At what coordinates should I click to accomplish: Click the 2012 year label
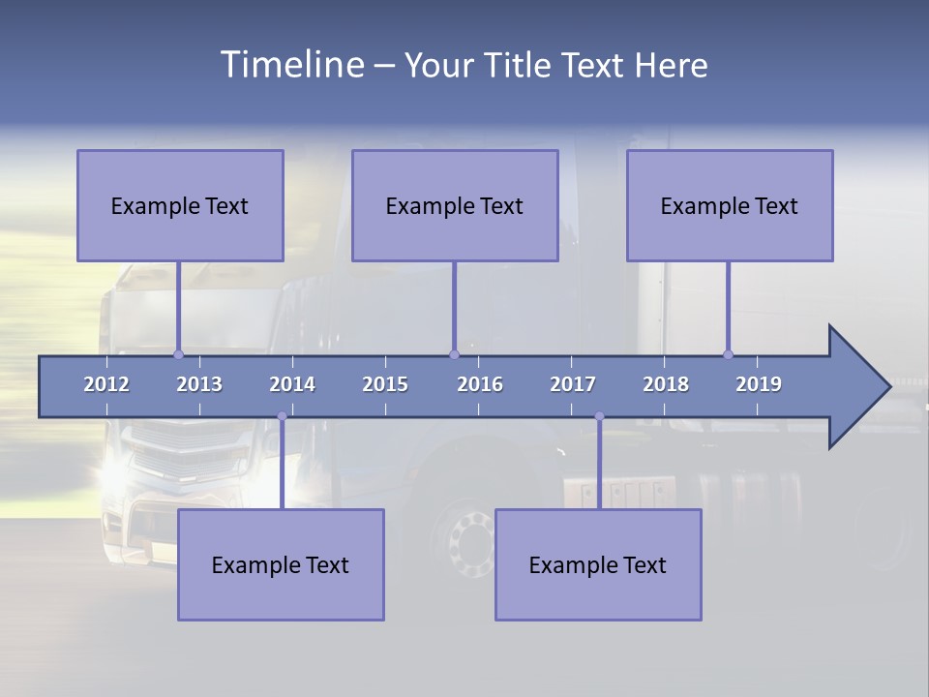coord(106,384)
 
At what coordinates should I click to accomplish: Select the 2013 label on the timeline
coord(199,384)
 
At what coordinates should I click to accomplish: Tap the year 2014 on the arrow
coord(292,384)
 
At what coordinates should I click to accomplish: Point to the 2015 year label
coord(385,384)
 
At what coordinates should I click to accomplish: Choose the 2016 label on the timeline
coord(480,384)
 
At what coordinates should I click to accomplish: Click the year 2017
coord(573,384)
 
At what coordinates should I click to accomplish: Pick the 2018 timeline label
coord(666,384)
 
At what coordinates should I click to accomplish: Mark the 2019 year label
coord(759,384)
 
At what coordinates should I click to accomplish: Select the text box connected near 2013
coord(180,205)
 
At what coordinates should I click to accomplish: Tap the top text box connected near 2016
coord(455,205)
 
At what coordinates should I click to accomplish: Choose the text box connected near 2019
coord(730,205)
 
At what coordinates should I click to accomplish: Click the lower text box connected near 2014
coord(281,564)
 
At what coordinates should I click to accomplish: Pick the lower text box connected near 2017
coord(598,564)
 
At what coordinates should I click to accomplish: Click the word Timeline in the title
coord(289,65)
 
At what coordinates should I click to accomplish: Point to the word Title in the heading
coord(521,66)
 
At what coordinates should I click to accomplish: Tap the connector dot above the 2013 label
coord(178,354)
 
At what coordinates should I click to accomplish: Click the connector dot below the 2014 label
coord(282,416)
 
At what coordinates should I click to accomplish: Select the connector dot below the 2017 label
coord(599,416)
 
